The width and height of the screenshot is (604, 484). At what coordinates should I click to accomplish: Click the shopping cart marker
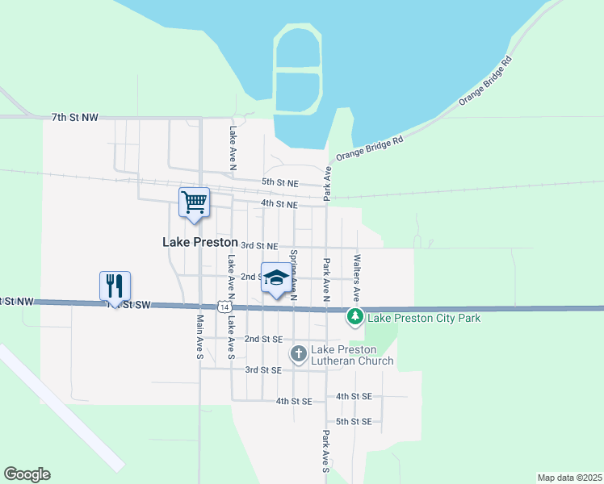pos(194,202)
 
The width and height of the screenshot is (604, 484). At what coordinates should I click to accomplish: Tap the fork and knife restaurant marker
pos(115,286)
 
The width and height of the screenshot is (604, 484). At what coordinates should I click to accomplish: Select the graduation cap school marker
pos(276,278)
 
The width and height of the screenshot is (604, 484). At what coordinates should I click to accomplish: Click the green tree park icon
pos(354,317)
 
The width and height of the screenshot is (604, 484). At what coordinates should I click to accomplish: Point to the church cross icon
pos(298,353)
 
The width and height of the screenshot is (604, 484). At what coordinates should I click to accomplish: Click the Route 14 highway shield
pos(224,307)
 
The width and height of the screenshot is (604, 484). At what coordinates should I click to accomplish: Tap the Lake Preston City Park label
pos(424,318)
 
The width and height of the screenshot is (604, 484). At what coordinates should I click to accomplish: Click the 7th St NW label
pos(74,118)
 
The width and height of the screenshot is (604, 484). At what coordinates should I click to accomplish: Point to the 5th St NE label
pos(280,183)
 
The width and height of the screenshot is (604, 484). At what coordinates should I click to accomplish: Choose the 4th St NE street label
pos(279,204)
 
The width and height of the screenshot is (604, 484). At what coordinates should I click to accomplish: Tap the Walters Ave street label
pos(356,278)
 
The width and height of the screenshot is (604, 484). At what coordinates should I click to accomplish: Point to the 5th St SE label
pos(354,422)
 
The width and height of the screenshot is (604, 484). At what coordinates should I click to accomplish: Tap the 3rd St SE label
pos(263,369)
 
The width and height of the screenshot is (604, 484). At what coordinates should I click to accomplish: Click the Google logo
pos(27,474)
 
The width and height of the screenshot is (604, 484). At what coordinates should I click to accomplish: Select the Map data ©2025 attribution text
pos(569,478)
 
